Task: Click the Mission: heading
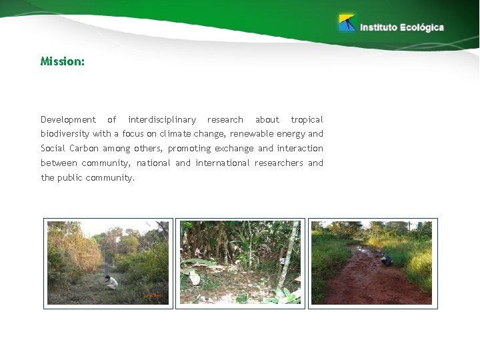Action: [x=63, y=61]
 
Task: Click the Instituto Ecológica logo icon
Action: [x=347, y=23]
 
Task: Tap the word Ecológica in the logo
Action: [x=421, y=27]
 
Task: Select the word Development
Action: [x=68, y=120]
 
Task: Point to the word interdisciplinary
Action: [x=162, y=120]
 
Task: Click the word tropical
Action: [x=307, y=120]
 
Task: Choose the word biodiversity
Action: [x=65, y=134]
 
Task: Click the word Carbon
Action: [x=82, y=149]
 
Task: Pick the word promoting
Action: [x=189, y=149]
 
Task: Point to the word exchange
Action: [x=234, y=149]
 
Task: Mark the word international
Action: [x=223, y=163]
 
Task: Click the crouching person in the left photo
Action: [x=111, y=281]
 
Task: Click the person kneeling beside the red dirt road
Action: [x=386, y=260]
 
